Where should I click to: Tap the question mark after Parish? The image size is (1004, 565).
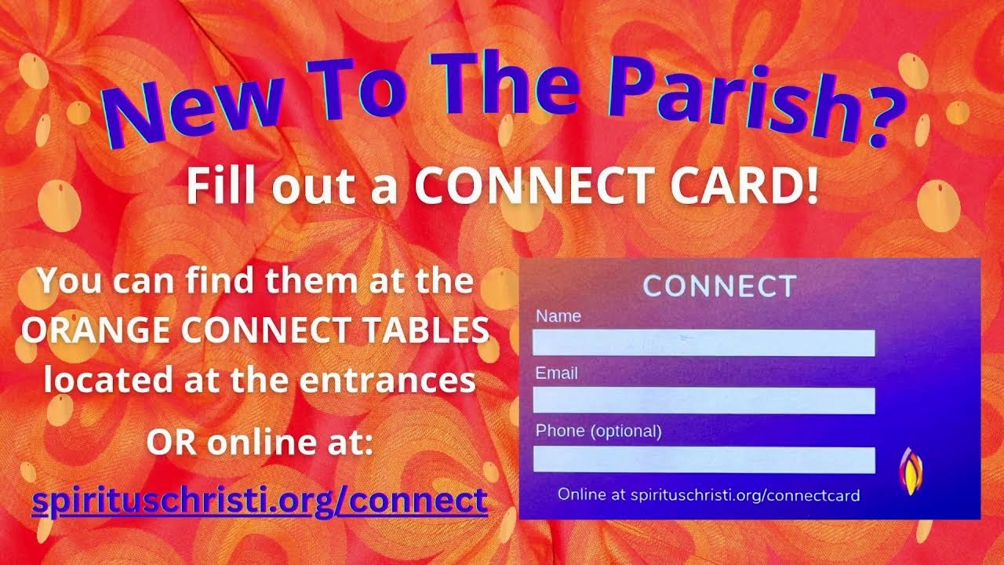(886, 117)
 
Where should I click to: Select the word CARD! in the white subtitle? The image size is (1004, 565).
(744, 186)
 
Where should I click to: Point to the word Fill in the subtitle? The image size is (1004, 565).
(220, 186)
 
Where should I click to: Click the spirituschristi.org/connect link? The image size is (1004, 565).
(260, 501)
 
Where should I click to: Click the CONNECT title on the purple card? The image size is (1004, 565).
(719, 286)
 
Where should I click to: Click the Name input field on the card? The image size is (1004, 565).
(704, 343)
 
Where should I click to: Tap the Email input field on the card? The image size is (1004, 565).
(704, 400)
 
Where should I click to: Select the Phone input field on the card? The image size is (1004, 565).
(704, 460)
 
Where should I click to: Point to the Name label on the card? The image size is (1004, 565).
(558, 316)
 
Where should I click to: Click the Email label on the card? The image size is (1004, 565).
(557, 374)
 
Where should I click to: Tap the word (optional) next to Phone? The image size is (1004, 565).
(626, 432)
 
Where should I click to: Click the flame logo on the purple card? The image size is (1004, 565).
(911, 471)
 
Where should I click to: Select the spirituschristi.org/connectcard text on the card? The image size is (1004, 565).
(745, 495)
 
